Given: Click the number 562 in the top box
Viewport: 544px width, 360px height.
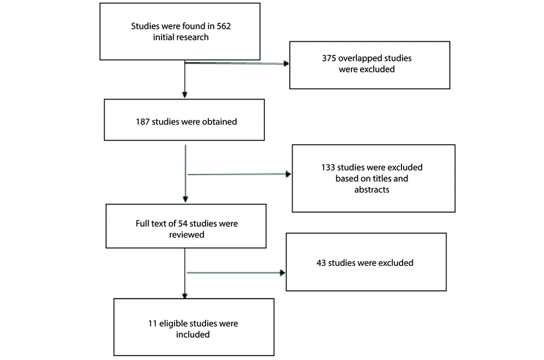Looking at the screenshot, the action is click(x=224, y=26).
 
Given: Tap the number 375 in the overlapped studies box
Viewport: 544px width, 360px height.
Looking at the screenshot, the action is click(x=329, y=58).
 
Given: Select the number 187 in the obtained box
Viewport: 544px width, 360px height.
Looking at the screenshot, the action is click(x=143, y=122).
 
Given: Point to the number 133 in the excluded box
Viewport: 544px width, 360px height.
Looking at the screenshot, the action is click(x=328, y=167).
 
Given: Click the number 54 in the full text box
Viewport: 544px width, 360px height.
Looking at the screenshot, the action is click(x=183, y=224).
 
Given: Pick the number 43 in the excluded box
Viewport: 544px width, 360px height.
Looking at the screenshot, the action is click(x=321, y=263).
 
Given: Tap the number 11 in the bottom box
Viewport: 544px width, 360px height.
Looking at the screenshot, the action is click(x=153, y=324).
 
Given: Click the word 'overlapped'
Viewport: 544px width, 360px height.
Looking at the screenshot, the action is click(x=358, y=59).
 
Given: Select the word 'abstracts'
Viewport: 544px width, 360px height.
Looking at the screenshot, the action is click(x=372, y=190).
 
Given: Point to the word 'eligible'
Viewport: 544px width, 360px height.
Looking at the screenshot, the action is click(x=172, y=324).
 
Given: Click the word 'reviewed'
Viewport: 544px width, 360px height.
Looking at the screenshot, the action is click(x=187, y=235).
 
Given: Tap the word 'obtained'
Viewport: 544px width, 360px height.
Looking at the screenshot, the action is click(x=220, y=122).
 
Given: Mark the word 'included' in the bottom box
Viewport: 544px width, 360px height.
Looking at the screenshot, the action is click(x=193, y=334).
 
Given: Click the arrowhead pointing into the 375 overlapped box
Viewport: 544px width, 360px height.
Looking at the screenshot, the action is click(x=286, y=64).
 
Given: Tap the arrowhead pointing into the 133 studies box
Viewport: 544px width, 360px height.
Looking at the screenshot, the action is click(x=288, y=174).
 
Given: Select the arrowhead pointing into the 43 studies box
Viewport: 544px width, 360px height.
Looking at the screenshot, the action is click(x=282, y=273).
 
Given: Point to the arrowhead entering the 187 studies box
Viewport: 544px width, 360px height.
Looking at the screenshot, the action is click(x=184, y=95).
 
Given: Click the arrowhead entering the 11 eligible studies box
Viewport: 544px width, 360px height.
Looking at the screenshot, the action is click(x=184, y=296).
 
